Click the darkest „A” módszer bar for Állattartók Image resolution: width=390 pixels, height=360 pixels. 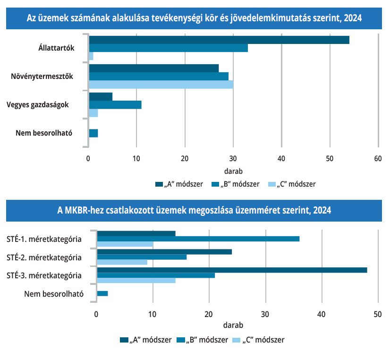[219, 40]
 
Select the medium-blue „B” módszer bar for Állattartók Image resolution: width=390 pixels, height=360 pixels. [168, 48]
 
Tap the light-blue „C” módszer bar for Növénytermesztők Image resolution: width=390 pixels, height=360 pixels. [161, 85]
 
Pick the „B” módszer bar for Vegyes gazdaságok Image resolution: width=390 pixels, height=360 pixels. [115, 104]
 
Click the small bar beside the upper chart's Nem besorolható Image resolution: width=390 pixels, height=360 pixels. [93, 133]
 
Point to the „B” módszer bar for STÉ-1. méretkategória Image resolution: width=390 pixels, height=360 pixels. [198, 239]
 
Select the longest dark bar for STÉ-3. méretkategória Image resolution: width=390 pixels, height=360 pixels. [232, 270]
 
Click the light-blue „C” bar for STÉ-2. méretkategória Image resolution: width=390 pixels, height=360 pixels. [122, 262]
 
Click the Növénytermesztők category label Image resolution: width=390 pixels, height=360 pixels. [42, 76]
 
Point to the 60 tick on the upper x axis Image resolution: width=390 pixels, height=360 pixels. [377, 158]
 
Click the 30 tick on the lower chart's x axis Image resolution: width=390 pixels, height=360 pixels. [265, 314]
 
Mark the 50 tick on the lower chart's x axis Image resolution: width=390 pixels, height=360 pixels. [377, 314]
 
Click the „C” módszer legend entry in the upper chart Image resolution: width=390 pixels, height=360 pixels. [291, 184]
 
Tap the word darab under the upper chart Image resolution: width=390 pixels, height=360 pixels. [233, 171]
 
